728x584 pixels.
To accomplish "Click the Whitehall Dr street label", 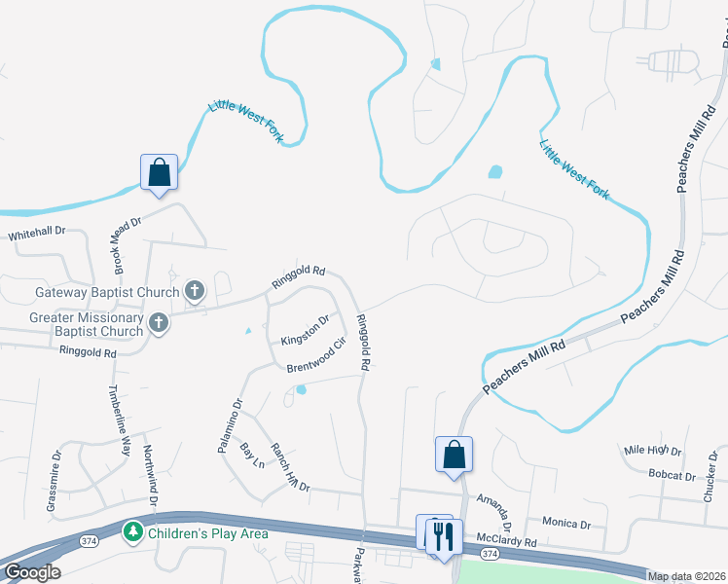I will click(x=37, y=234).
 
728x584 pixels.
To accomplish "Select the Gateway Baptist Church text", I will click(x=107, y=292).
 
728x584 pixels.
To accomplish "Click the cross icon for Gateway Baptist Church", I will click(x=195, y=290).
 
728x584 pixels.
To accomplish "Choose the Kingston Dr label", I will click(x=306, y=333).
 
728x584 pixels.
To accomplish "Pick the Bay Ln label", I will click(x=252, y=455).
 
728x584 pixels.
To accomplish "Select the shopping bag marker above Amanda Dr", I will click(x=454, y=455).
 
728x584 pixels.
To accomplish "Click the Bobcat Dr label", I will click(x=672, y=476).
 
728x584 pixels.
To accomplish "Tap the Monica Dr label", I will click(x=566, y=524).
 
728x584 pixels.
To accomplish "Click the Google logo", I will click(x=31, y=573).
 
